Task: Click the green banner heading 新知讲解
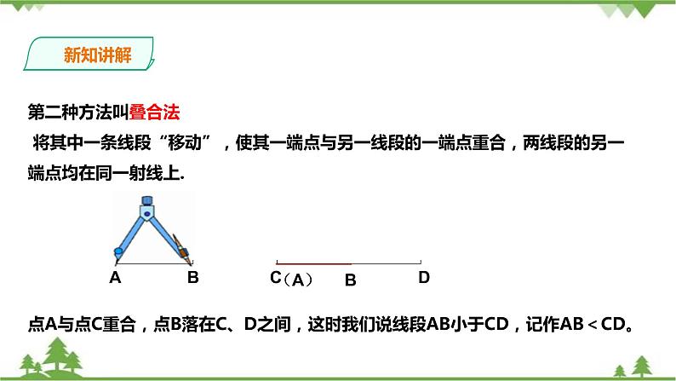(x=92, y=56)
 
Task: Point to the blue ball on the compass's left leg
(x=117, y=252)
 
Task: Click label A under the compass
(x=115, y=277)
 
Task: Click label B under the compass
(x=192, y=277)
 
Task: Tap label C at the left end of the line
(x=275, y=277)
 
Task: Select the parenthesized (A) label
(x=298, y=279)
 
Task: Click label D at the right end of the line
(x=423, y=277)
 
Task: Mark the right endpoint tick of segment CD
(x=418, y=263)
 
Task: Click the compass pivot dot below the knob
(x=149, y=213)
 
